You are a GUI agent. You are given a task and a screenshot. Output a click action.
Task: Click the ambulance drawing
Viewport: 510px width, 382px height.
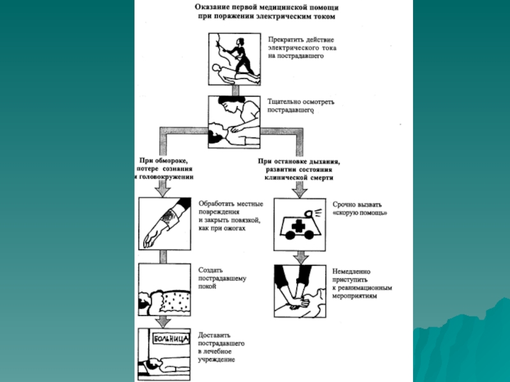[x=299, y=224]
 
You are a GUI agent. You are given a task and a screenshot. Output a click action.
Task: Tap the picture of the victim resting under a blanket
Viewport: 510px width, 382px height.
[x=164, y=292]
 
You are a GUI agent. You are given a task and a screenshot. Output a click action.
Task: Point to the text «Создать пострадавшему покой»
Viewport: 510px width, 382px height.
[x=222, y=278]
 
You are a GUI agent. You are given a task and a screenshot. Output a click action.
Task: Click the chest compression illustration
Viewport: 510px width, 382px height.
[x=299, y=290]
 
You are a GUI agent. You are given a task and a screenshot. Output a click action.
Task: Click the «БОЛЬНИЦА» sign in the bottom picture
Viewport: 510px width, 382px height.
[x=170, y=339]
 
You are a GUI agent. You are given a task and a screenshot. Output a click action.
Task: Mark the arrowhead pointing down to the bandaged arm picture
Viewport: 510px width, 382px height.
[x=163, y=190]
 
